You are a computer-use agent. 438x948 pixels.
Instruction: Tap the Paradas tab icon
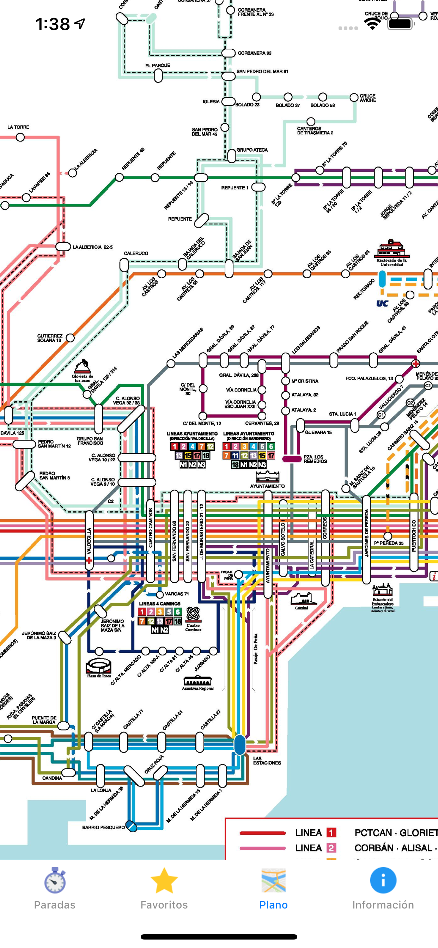coord(55,880)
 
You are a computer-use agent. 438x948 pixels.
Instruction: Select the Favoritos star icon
coord(164,880)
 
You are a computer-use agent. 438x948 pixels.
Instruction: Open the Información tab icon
coord(383,880)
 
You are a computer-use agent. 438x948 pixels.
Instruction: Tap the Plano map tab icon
coord(273,880)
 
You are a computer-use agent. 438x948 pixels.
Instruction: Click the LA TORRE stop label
coord(18,127)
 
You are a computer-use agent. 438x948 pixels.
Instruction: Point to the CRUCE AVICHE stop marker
coord(354,98)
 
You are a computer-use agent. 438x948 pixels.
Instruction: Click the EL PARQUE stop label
coord(158,66)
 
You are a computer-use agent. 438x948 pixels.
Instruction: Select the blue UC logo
coord(382,303)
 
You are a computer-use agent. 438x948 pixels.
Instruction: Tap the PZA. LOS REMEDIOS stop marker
coord(292,459)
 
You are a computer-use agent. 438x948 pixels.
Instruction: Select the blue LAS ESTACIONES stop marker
coord(239,745)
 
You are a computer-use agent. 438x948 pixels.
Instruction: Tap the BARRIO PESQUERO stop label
coord(103,827)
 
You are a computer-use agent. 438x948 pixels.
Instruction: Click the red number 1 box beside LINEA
coord(331,832)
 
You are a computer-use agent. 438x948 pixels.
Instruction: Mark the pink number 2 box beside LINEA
coord(331,848)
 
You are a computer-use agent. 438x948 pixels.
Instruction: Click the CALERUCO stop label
coord(136,253)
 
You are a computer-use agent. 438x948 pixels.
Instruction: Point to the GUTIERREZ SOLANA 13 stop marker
coord(70,338)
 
